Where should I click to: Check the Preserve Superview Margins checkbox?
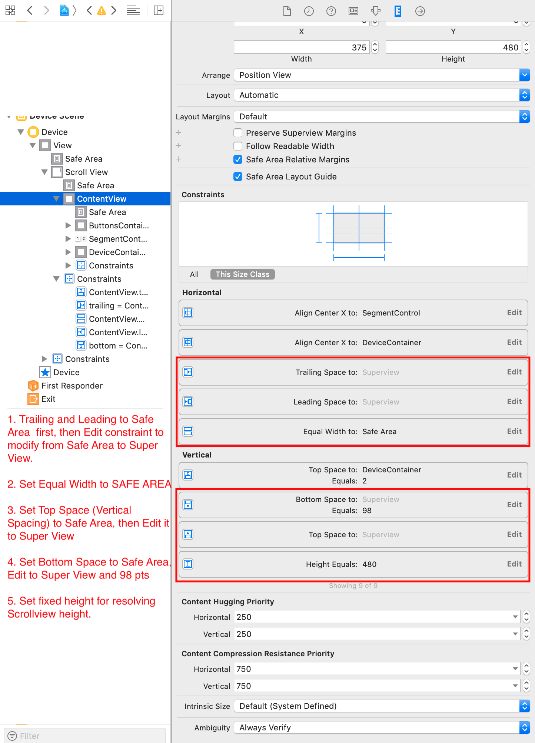238,133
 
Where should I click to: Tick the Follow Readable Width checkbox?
238,146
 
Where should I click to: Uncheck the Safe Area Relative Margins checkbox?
238,159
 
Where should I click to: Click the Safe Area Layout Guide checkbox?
238,176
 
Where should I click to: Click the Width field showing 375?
302,47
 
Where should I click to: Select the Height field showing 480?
453,47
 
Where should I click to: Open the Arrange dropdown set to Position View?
382,75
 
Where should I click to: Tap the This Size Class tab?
243,274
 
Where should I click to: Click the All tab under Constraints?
194,274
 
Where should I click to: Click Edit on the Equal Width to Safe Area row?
514,431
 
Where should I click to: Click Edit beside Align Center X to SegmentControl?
514,313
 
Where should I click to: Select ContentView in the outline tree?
102,199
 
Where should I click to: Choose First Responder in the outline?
72,386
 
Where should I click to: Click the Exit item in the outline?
48,399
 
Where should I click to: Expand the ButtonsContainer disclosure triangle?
68,225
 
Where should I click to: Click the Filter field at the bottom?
85,736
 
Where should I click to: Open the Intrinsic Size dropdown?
382,706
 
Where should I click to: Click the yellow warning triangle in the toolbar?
101,10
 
